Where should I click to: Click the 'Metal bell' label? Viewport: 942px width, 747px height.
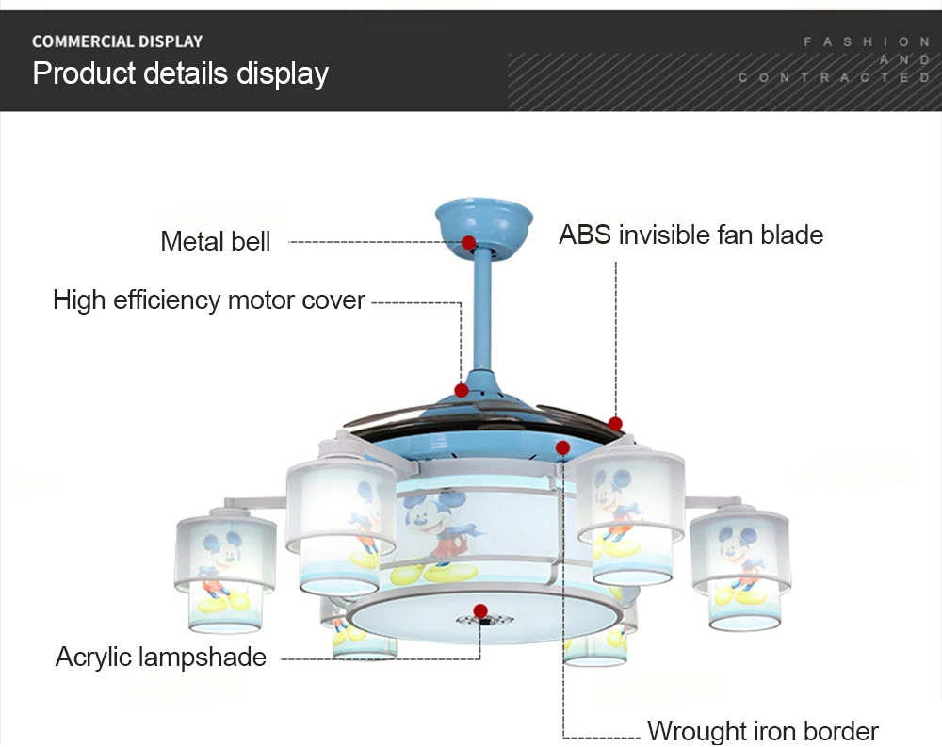(x=215, y=241)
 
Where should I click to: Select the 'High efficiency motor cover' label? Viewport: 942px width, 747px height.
(x=208, y=300)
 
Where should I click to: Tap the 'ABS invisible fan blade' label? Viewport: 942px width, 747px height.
(x=690, y=235)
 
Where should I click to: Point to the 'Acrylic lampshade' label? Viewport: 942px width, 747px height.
(x=161, y=657)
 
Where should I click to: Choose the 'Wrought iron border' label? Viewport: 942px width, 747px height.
(x=762, y=730)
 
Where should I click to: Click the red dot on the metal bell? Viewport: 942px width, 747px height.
(x=468, y=242)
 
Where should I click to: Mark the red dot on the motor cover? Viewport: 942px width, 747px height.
(x=462, y=390)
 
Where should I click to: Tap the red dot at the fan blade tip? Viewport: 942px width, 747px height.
(x=615, y=424)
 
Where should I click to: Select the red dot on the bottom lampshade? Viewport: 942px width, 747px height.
(x=480, y=610)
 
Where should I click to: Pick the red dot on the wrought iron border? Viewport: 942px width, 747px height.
(x=562, y=447)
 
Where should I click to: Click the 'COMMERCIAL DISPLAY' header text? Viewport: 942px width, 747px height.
(x=117, y=41)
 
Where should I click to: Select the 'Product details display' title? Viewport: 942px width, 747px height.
(x=180, y=73)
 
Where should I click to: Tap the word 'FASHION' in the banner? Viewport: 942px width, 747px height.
(x=866, y=42)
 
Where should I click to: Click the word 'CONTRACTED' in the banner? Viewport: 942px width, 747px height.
(x=835, y=78)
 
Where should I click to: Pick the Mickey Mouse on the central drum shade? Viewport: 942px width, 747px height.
(x=436, y=528)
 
